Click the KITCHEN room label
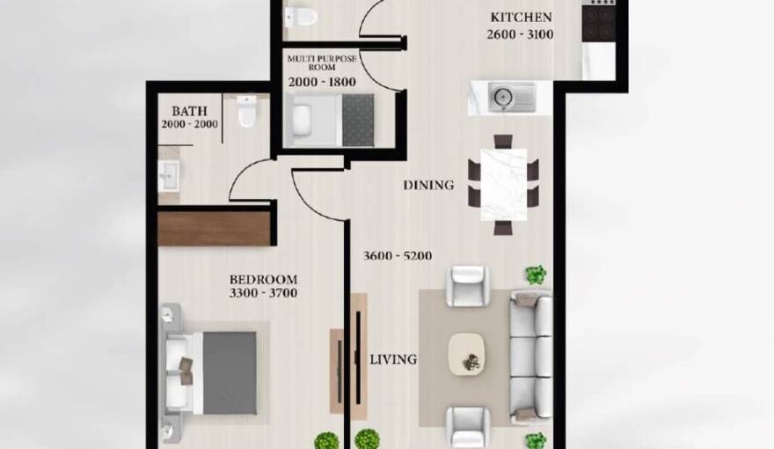click(x=521, y=17)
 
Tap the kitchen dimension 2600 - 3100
click(x=521, y=34)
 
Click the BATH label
click(x=189, y=112)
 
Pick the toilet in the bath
click(x=246, y=112)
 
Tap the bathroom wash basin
click(x=169, y=175)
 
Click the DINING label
click(x=428, y=186)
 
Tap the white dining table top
click(x=503, y=184)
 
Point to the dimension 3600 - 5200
click(x=398, y=256)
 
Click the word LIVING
click(x=392, y=359)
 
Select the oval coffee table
click(x=466, y=353)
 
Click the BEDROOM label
click(x=261, y=280)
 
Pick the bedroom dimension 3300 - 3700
click(x=261, y=294)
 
